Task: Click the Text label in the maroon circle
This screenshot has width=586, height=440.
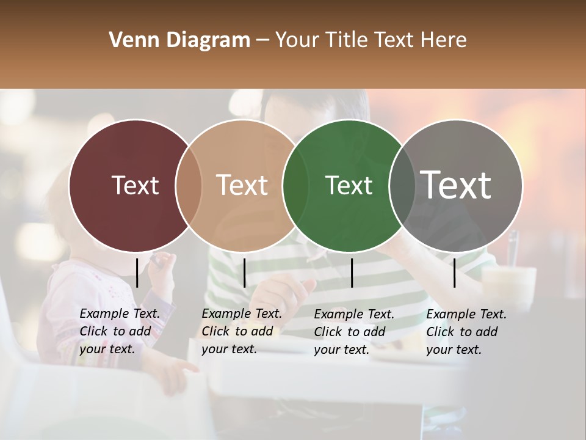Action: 135,185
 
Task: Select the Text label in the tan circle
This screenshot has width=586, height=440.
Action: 242,185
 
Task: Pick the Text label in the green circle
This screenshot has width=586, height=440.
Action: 349,185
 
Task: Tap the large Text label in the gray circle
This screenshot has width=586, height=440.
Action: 456,185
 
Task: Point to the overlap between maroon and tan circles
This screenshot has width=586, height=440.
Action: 189,185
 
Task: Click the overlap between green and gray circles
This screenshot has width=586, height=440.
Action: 402,185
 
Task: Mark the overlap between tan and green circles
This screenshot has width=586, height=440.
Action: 295,185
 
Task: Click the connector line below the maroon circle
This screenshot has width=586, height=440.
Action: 137,273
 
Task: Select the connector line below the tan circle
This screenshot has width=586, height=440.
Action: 244,273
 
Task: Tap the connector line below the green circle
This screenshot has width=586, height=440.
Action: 352,273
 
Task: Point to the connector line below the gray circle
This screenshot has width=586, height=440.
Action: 455,273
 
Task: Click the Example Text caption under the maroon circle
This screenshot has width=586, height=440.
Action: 120,331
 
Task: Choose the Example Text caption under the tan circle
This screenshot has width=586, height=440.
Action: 242,331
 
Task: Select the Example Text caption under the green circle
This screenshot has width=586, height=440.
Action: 354,331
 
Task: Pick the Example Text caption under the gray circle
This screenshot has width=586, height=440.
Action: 466,331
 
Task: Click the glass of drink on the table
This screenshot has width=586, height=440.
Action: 508,282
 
